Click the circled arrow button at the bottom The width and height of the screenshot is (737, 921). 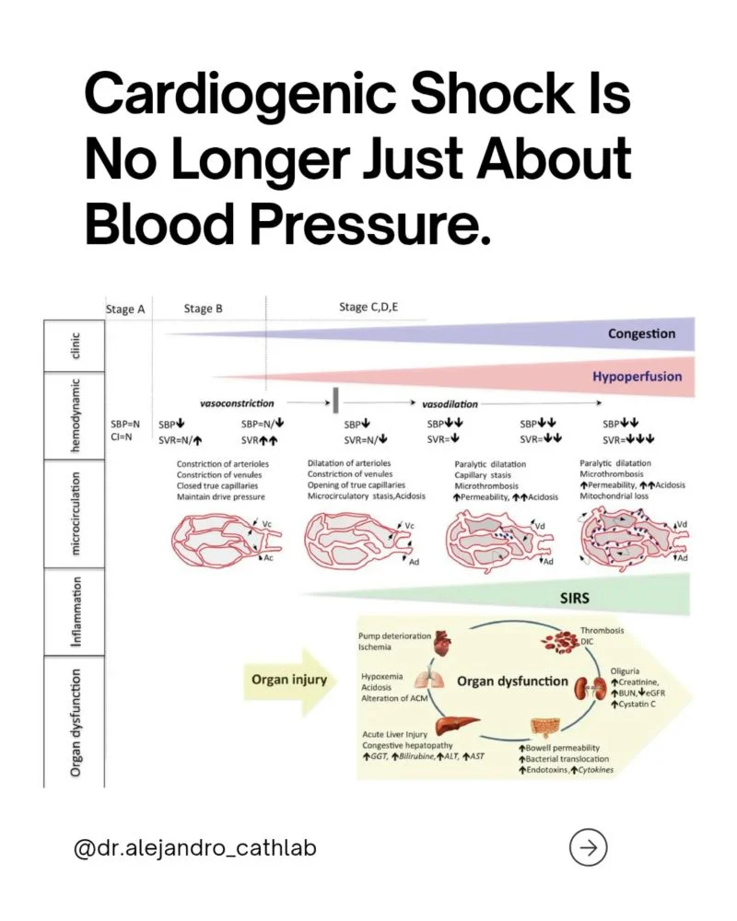(x=588, y=847)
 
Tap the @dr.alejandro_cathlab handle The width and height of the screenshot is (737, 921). (x=195, y=848)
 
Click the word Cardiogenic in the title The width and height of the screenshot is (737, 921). (x=240, y=97)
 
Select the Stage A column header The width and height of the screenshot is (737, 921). (x=125, y=309)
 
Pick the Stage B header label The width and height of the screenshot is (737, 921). (x=204, y=309)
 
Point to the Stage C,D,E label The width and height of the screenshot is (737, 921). (x=368, y=308)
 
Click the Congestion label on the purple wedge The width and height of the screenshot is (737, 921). (x=642, y=333)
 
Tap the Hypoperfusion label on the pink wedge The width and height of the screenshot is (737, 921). (x=638, y=377)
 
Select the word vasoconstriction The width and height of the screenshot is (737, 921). (x=237, y=403)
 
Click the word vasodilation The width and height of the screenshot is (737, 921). (x=450, y=404)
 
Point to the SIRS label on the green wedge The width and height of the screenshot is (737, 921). (x=574, y=598)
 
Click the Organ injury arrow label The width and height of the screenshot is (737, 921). (x=289, y=680)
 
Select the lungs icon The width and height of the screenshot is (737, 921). (x=426, y=680)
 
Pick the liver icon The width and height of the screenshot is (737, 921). (x=457, y=724)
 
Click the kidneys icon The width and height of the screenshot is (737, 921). (x=590, y=688)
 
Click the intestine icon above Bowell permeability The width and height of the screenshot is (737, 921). (x=544, y=729)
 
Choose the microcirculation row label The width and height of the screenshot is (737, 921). (x=75, y=513)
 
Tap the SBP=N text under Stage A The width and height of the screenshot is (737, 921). (x=125, y=424)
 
